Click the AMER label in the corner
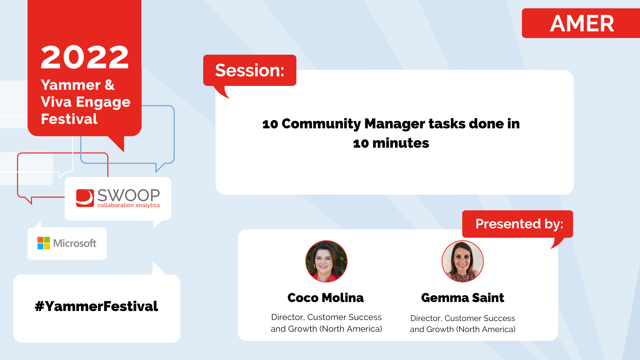coord(582,23)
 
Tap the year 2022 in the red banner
coord(85,57)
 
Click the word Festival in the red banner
coord(69,119)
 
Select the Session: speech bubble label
coord(250,70)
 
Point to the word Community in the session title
coord(321,124)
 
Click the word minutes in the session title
coord(401,143)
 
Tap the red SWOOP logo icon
coord(85,198)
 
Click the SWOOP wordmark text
coord(129,195)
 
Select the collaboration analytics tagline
coord(129,205)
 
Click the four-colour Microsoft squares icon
coord(44,243)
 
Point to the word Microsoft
coord(75,243)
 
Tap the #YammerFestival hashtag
coord(96,306)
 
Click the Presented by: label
coord(519,224)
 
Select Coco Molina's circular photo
coord(326,261)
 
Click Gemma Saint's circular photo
coord(463,261)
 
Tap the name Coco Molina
coord(326,298)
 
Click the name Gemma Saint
coord(463,298)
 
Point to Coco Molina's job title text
coord(326,323)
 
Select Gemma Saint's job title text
coord(463,324)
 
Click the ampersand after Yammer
coord(110,85)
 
